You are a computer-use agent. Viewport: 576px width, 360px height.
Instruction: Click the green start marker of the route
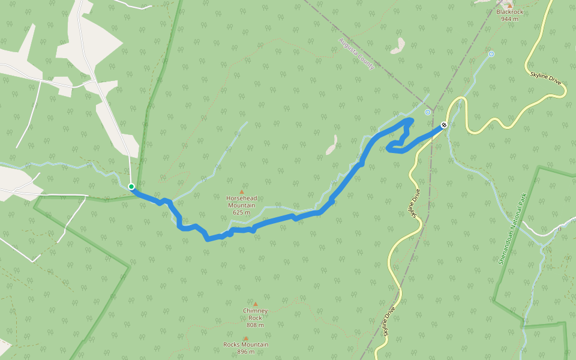tap(131, 187)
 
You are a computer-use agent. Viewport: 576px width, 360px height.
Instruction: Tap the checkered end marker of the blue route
tap(443, 125)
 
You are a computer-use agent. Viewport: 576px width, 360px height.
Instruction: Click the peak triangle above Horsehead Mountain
tap(242, 192)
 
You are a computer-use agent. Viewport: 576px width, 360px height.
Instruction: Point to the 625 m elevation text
tap(241, 212)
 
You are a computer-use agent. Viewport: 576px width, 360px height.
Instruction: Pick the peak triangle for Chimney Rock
tap(255, 304)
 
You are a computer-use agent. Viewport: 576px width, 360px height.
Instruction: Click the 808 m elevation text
tap(255, 325)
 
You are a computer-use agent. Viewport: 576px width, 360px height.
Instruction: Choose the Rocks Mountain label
tap(246, 344)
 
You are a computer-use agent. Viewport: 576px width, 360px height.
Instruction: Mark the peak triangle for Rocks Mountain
tap(245, 338)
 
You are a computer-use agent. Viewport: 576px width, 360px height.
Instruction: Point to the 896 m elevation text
tap(245, 352)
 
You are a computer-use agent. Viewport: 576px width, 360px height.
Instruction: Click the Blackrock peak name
tap(509, 12)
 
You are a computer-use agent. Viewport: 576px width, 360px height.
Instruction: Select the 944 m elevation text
tap(509, 19)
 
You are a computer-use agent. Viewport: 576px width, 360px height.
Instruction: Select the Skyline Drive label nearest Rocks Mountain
tap(389, 322)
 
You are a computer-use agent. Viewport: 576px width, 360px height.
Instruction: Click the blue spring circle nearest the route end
tap(428, 112)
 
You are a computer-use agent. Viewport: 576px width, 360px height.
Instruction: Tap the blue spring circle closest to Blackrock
tap(491, 54)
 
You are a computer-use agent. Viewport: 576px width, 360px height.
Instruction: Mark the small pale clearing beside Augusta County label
tap(398, 46)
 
